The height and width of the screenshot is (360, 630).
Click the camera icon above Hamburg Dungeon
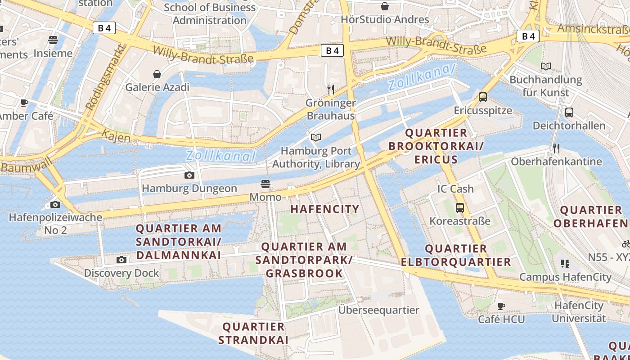click(189, 175)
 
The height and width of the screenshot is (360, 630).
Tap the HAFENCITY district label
click(324, 209)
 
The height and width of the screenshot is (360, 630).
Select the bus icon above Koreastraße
click(459, 207)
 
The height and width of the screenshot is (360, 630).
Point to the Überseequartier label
click(378, 310)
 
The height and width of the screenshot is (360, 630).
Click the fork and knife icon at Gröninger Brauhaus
click(331, 89)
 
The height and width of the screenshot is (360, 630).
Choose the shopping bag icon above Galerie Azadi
click(157, 74)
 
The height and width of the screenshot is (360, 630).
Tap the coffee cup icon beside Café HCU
click(501, 306)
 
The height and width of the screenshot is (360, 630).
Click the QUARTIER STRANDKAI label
click(253, 333)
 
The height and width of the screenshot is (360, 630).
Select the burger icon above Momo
click(265, 184)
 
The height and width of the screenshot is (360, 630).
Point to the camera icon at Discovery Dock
click(121, 260)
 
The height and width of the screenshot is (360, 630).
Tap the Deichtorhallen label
click(569, 125)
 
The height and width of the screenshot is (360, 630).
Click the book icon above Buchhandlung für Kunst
click(545, 67)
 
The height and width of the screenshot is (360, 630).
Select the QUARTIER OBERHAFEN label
click(590, 216)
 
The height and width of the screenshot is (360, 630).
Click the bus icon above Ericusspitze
click(483, 97)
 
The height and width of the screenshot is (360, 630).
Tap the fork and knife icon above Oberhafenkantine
click(556, 148)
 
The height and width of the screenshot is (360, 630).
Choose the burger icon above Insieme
click(53, 40)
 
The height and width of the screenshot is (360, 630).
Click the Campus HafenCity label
click(565, 277)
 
